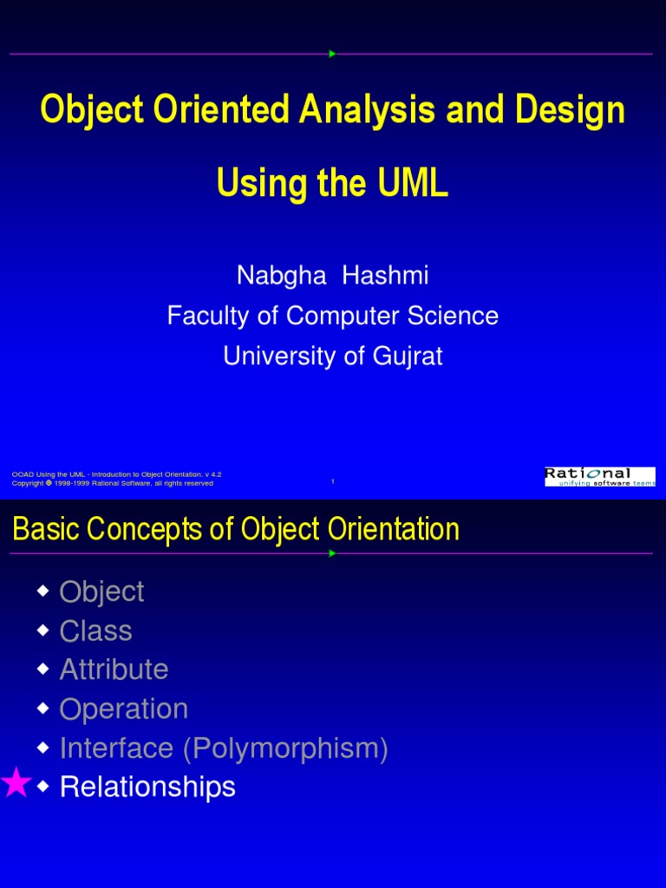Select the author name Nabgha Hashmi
click(333, 276)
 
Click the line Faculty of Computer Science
click(333, 316)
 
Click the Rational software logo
click(599, 477)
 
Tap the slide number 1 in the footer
click(333, 482)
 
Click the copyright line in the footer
click(113, 483)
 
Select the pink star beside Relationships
click(16, 785)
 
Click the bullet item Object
click(101, 591)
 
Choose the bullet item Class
click(95, 630)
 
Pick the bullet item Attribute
click(114, 669)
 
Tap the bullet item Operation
click(123, 708)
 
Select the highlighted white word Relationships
click(147, 787)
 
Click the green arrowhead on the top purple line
click(332, 54)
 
